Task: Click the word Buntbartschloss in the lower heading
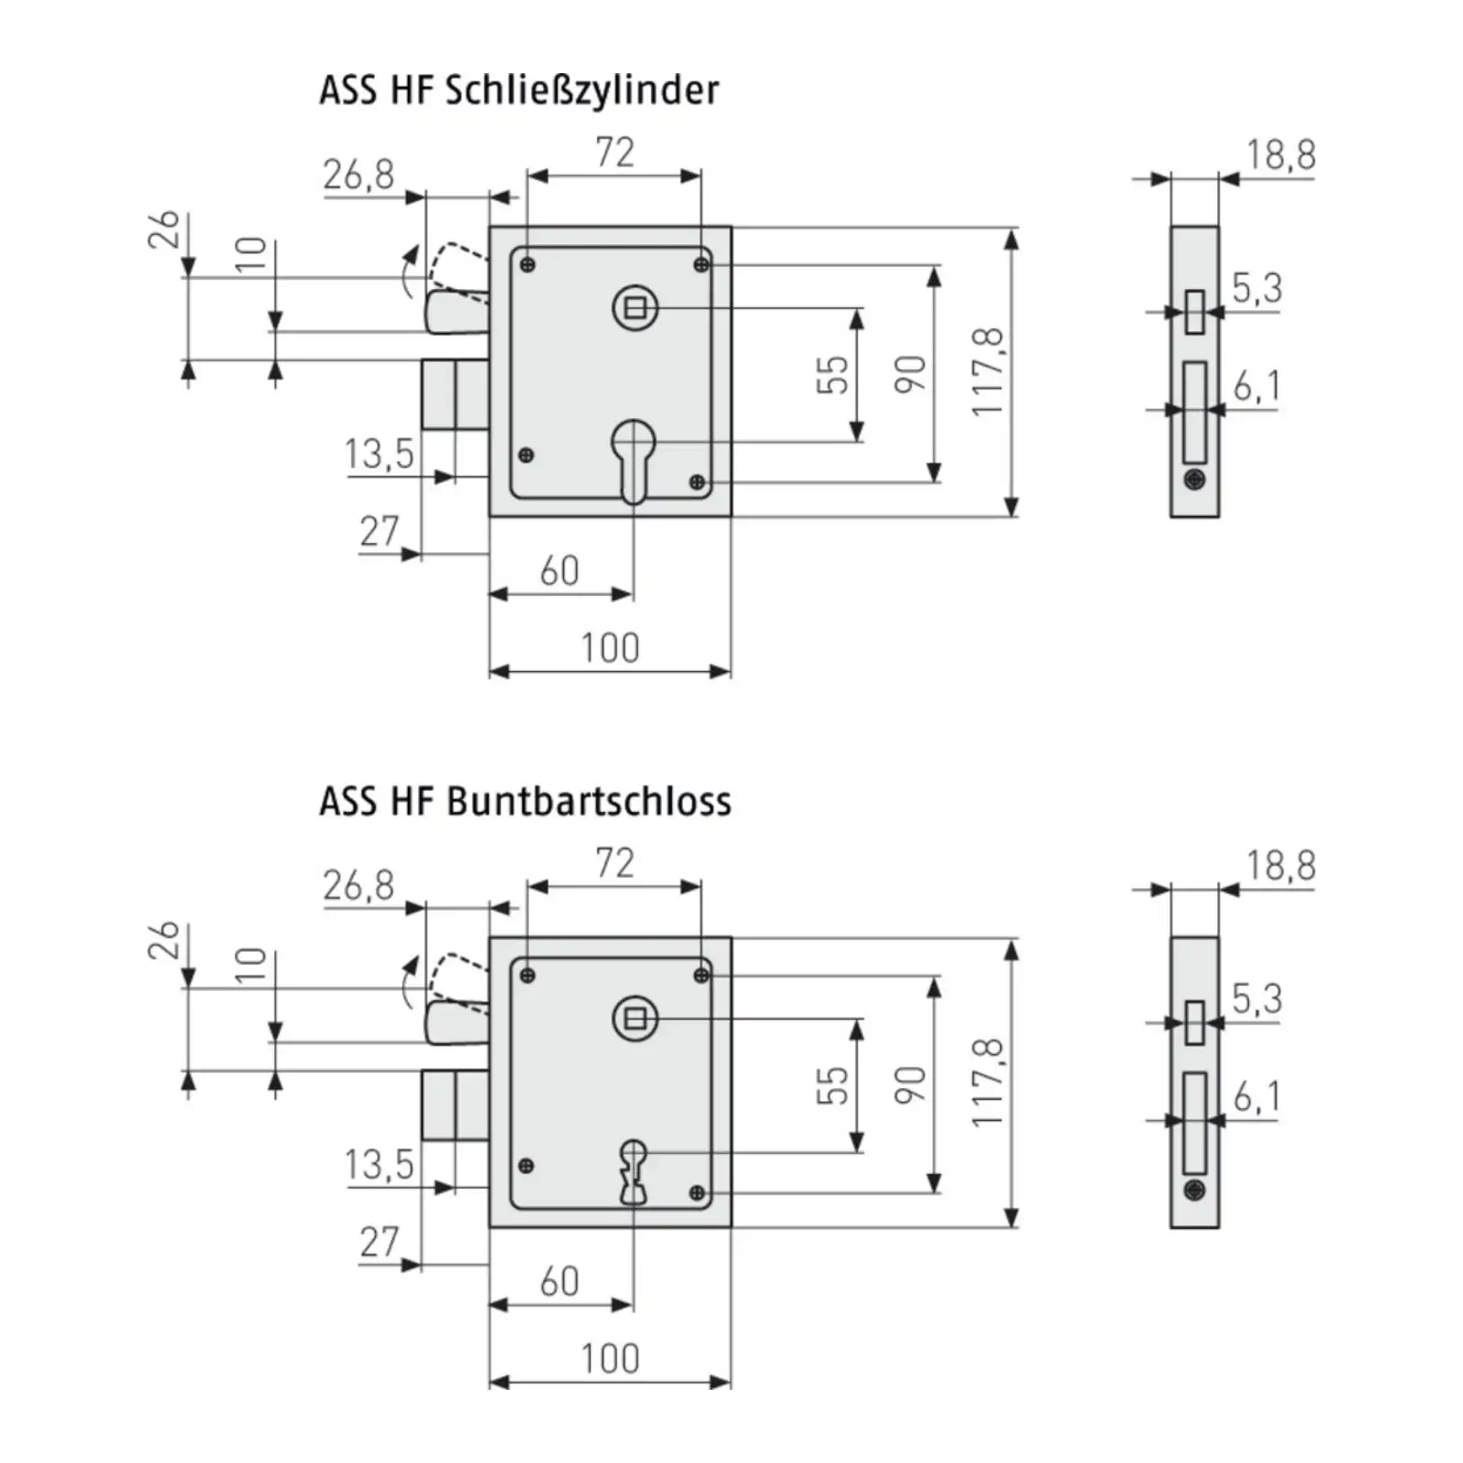pyautogui.click(x=589, y=801)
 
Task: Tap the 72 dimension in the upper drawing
pyautogui.click(x=614, y=152)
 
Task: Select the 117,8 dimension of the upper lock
pyautogui.click(x=988, y=372)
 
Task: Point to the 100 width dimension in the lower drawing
pyautogui.click(x=610, y=1359)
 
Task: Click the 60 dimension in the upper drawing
pyautogui.click(x=560, y=571)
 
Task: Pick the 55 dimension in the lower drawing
pyautogui.click(x=832, y=1084)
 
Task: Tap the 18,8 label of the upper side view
pyautogui.click(x=1281, y=155)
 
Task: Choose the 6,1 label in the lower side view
pyautogui.click(x=1257, y=1096)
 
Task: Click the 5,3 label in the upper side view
pyautogui.click(x=1257, y=288)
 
